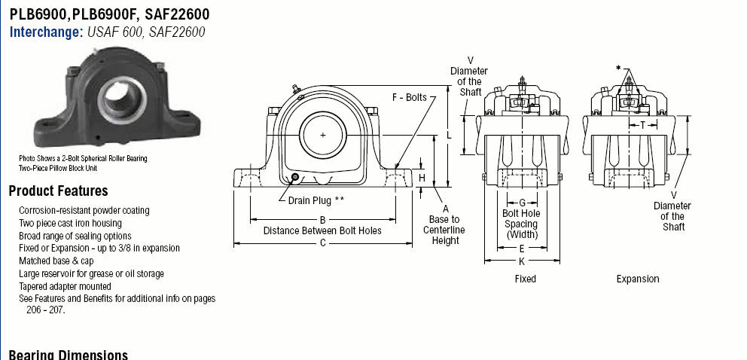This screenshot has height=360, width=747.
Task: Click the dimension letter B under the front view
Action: (322, 220)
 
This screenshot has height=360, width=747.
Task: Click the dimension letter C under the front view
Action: (322, 243)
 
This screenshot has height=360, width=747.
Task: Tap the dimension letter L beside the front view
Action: (448, 136)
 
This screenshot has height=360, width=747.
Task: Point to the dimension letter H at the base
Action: (422, 178)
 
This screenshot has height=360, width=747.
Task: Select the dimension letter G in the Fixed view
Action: (522, 203)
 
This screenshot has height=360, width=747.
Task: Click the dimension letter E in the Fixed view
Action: (522, 249)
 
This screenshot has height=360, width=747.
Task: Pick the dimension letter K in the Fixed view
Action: (522, 261)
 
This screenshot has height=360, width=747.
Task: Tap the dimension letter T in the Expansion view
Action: (642, 125)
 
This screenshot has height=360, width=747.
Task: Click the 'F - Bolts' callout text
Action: (410, 98)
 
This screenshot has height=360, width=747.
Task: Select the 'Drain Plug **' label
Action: (316, 200)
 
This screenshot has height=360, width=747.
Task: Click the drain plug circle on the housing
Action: (295, 178)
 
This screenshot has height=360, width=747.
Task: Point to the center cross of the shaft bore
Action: (322, 136)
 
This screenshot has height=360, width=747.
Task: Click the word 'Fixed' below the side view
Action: (526, 279)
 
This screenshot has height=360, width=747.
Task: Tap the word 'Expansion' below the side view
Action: (638, 279)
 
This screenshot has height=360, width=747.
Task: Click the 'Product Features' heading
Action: (58, 191)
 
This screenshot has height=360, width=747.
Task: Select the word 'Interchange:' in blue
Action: (47, 32)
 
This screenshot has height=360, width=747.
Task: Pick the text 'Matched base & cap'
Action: (56, 261)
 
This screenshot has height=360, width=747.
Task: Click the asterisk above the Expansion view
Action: (618, 68)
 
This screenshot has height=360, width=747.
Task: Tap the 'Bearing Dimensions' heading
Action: (68, 355)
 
